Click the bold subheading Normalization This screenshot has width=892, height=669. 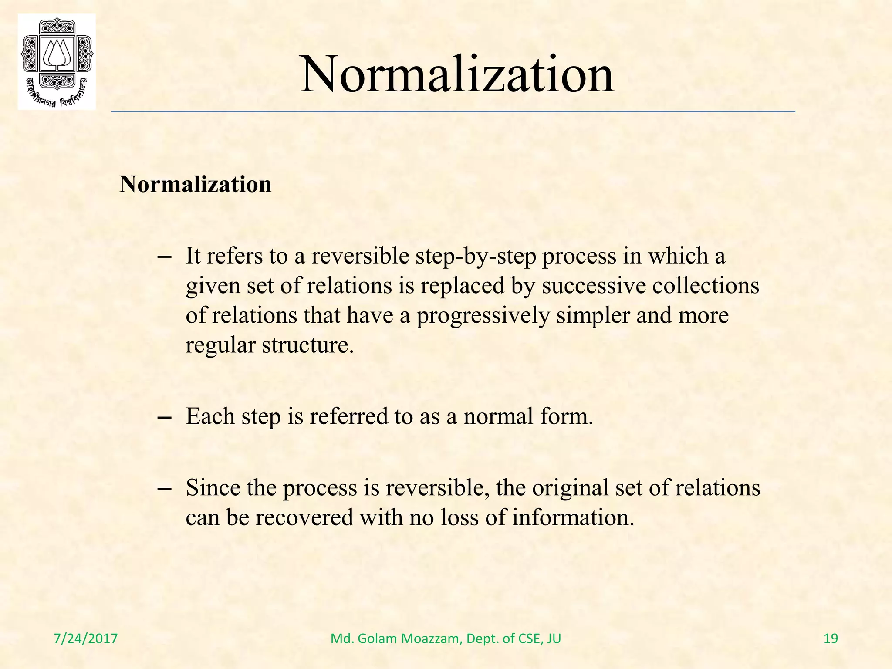pos(195,184)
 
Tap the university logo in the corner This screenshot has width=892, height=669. pos(57,61)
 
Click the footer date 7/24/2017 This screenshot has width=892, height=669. pos(86,639)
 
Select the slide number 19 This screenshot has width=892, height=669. pos(831,639)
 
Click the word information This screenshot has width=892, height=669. pos(573,518)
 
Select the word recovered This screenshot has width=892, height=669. pos(304,518)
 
